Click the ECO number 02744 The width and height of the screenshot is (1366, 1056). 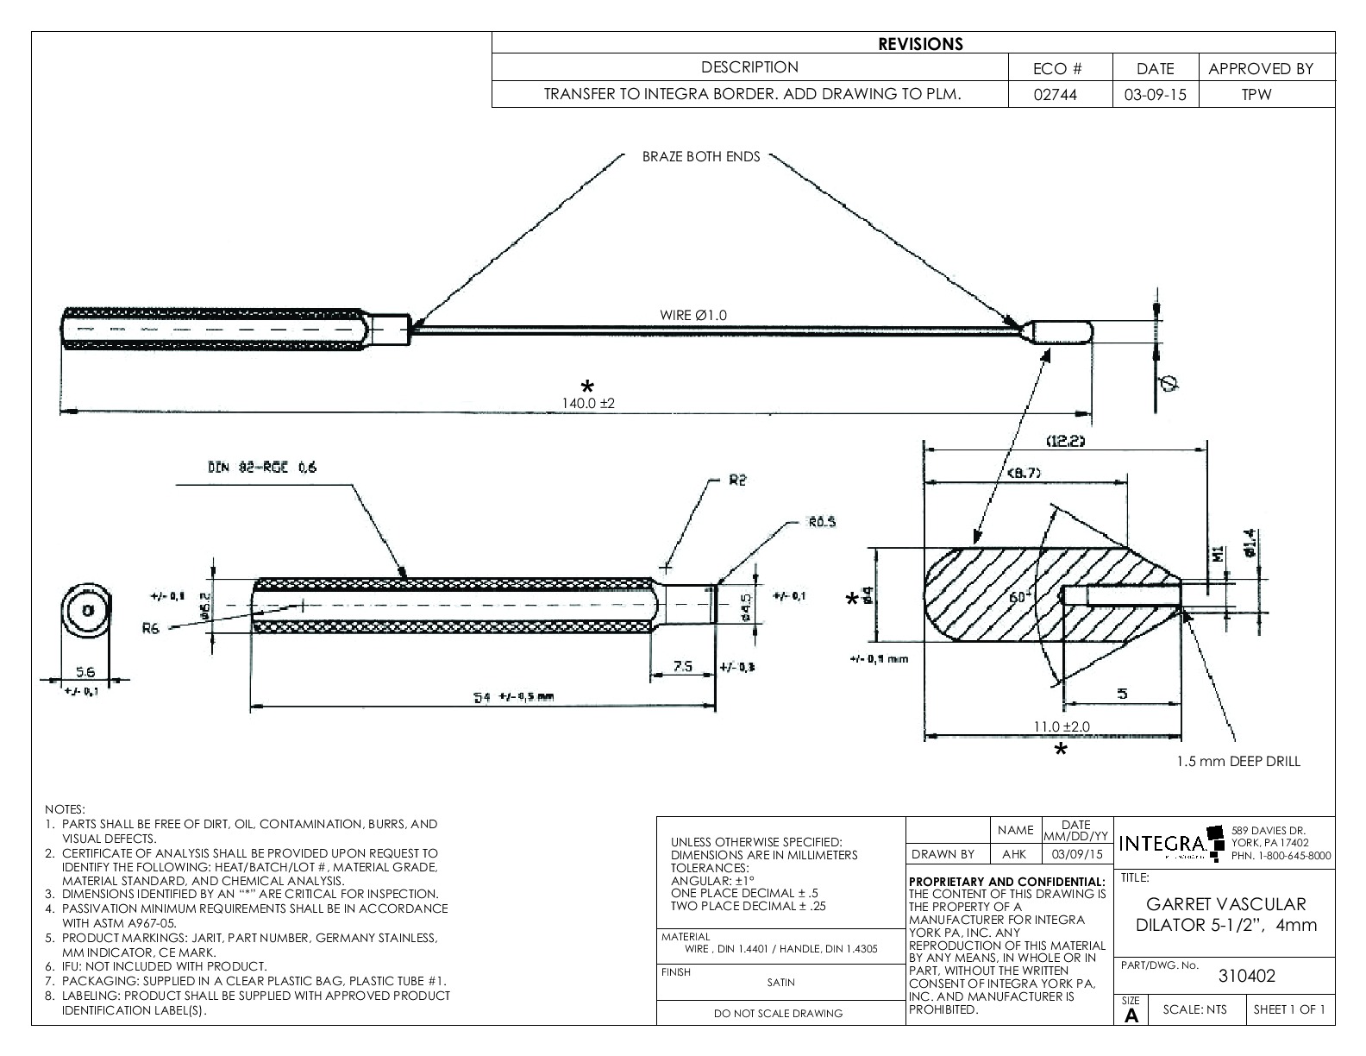click(x=1060, y=94)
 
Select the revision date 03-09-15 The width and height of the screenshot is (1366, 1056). click(x=1155, y=94)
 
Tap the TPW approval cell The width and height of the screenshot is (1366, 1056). click(x=1256, y=94)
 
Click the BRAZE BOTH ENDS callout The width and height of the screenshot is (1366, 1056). click(x=701, y=157)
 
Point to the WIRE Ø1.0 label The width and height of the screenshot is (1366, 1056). click(x=693, y=315)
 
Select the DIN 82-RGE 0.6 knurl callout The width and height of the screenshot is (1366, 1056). click(x=262, y=468)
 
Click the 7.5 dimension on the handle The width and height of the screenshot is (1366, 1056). click(x=682, y=666)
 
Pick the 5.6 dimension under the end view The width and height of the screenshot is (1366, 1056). click(x=85, y=672)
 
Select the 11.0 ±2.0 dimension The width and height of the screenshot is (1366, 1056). click(x=1062, y=726)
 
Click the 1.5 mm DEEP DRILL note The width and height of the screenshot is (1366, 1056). click(x=1238, y=761)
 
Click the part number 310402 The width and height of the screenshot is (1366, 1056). click(x=1246, y=976)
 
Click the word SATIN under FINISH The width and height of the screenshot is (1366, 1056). click(x=780, y=982)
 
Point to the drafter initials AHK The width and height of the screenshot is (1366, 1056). click(x=1015, y=854)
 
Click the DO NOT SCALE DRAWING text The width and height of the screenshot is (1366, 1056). click(x=778, y=1014)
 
